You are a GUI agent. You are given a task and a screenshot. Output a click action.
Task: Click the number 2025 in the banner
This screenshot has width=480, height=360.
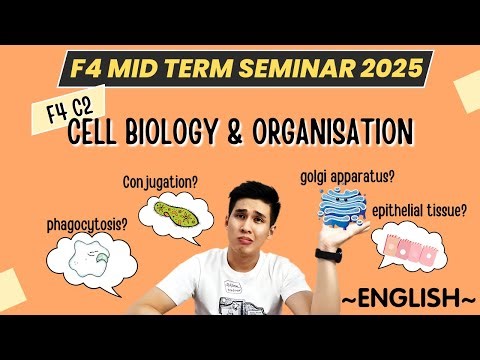[386, 70]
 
